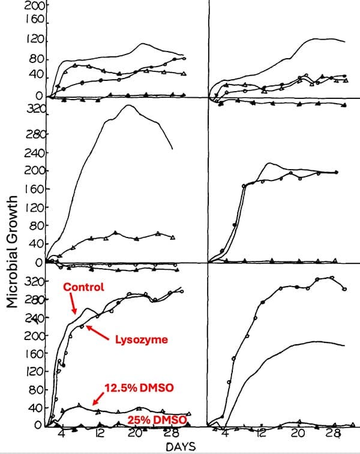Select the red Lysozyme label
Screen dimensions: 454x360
coord(141,339)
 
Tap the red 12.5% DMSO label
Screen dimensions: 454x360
coord(139,388)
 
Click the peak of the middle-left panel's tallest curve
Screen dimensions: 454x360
coord(127,106)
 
